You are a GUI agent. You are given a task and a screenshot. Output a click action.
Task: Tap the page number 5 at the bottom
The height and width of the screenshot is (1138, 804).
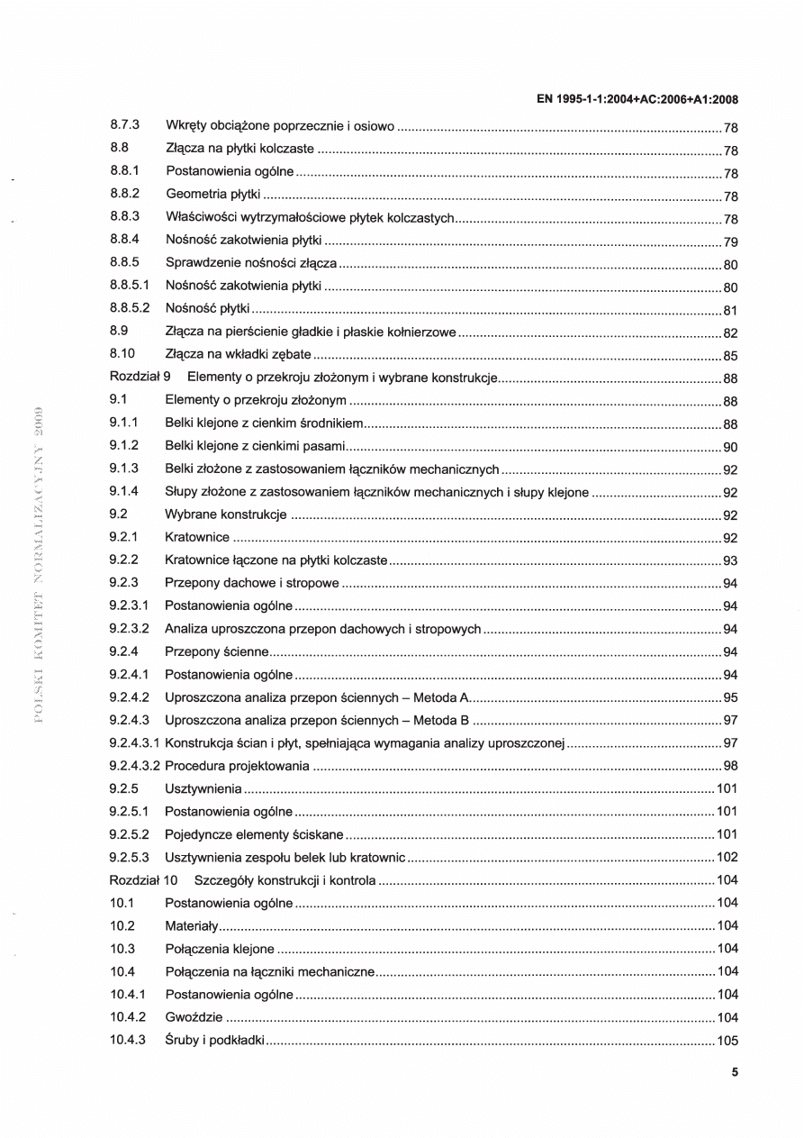click(x=735, y=1072)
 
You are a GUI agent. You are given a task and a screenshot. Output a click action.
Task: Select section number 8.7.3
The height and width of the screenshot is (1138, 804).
click(x=124, y=126)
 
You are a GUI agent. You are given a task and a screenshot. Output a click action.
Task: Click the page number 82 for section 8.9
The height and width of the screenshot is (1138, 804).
click(x=731, y=332)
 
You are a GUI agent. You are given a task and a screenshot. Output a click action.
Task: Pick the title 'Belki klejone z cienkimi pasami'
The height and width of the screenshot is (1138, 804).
click(x=256, y=447)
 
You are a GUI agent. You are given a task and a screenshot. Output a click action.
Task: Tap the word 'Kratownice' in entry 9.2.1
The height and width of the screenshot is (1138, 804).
click(x=198, y=539)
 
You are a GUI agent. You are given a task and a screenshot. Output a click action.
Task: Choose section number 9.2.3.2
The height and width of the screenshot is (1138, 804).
click(x=130, y=630)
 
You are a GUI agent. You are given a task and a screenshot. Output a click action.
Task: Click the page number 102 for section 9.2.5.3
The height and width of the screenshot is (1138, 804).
click(x=727, y=858)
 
